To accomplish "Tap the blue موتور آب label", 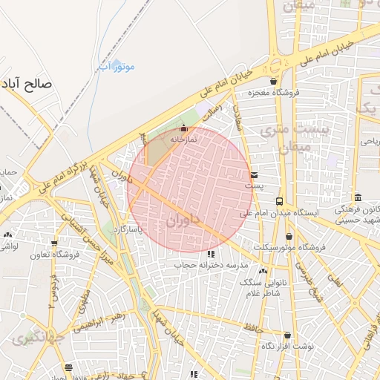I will click(x=116, y=68).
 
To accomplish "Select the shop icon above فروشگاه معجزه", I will click(x=274, y=82).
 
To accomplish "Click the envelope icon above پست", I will click(x=255, y=174).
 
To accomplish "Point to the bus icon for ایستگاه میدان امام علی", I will click(x=280, y=201).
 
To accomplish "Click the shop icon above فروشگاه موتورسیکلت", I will click(x=289, y=236).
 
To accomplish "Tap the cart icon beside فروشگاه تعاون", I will click(x=54, y=243).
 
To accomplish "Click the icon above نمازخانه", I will click(x=183, y=128).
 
